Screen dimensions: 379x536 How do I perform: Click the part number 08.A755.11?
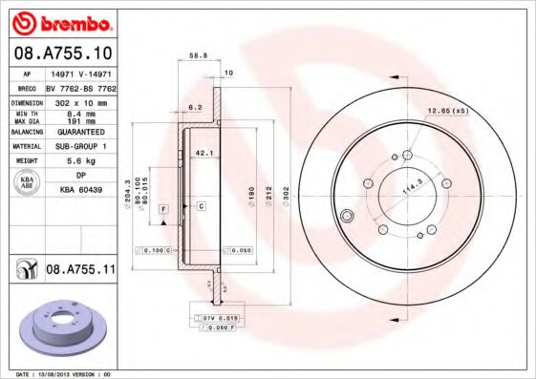pyautogui.click(x=80, y=271)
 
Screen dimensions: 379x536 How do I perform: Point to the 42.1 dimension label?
pyautogui.click(x=203, y=152)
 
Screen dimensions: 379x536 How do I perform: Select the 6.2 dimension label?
pyautogui.click(x=195, y=106)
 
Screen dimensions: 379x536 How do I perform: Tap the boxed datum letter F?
pyautogui.click(x=164, y=207)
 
